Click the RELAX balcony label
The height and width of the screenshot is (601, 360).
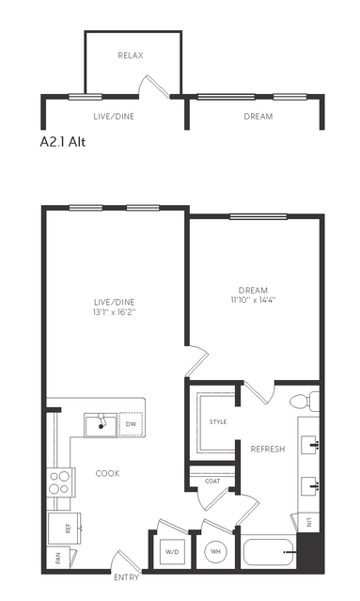131,55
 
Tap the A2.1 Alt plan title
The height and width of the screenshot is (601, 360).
63,142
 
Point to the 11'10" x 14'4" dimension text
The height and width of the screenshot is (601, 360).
253,300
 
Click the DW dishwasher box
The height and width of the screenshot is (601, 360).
131,424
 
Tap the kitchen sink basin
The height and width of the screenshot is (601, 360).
101,425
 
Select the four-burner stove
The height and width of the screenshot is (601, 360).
60,482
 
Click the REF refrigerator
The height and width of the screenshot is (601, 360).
64,529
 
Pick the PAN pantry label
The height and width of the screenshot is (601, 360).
58,560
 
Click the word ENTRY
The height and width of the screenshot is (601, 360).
126,577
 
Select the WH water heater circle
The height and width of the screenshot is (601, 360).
215,552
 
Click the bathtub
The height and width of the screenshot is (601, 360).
268,552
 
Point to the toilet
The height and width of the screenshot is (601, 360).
305,402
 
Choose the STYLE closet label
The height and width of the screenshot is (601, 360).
218,422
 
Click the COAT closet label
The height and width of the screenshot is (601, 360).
212,481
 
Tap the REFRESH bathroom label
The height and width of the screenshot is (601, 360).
268,449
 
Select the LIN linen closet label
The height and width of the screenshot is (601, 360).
309,522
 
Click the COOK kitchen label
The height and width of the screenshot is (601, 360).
107,473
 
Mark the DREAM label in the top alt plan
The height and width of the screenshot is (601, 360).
258,117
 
